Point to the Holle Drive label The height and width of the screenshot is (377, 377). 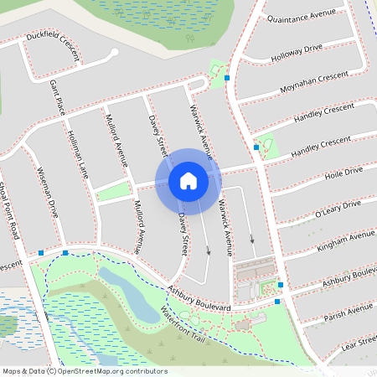click(343, 173)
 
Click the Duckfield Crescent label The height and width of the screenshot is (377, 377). click(52, 48)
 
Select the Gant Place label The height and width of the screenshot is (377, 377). click(57, 97)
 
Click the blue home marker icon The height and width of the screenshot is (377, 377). click(188, 180)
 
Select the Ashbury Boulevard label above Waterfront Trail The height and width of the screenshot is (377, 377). click(198, 299)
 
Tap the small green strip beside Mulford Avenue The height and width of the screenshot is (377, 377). click(113, 194)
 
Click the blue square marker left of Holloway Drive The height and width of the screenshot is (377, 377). click(227, 78)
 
